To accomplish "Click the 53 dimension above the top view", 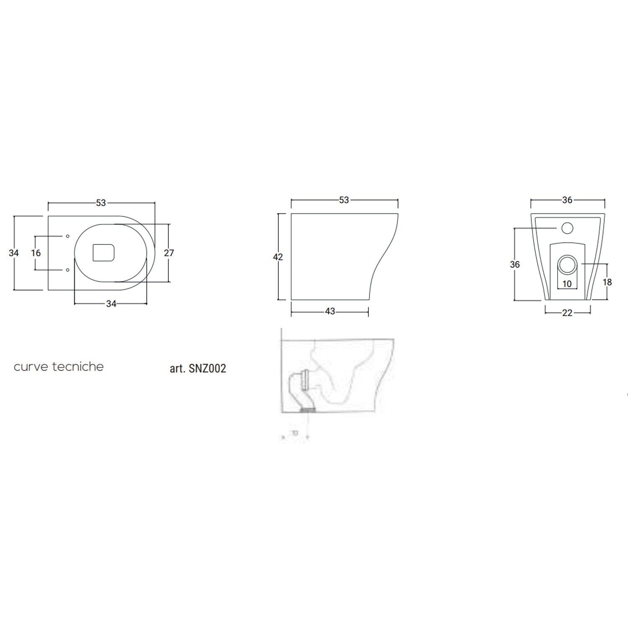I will coord(101,203).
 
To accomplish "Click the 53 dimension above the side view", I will coord(344,200).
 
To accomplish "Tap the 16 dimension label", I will coord(36,253).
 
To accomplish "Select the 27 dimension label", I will coord(169,253).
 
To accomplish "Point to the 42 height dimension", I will coord(278,257).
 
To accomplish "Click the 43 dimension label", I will coord(330,311).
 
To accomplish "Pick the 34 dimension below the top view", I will coord(111,304).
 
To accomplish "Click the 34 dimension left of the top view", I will coord(14,253).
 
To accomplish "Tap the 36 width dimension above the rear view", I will coord(567,200).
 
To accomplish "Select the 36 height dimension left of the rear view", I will coord(515,264).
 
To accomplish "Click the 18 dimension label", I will coord(607,282).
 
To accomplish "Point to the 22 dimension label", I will coord(567,313).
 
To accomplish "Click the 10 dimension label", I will coord(567,284).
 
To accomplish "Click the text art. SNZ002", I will coord(198,368).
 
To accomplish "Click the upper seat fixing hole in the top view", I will coord(68,237).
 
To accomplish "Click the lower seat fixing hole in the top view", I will coord(68,270).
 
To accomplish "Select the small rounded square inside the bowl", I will coord(103,252).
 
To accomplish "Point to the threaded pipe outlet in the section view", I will coord(309,410).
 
